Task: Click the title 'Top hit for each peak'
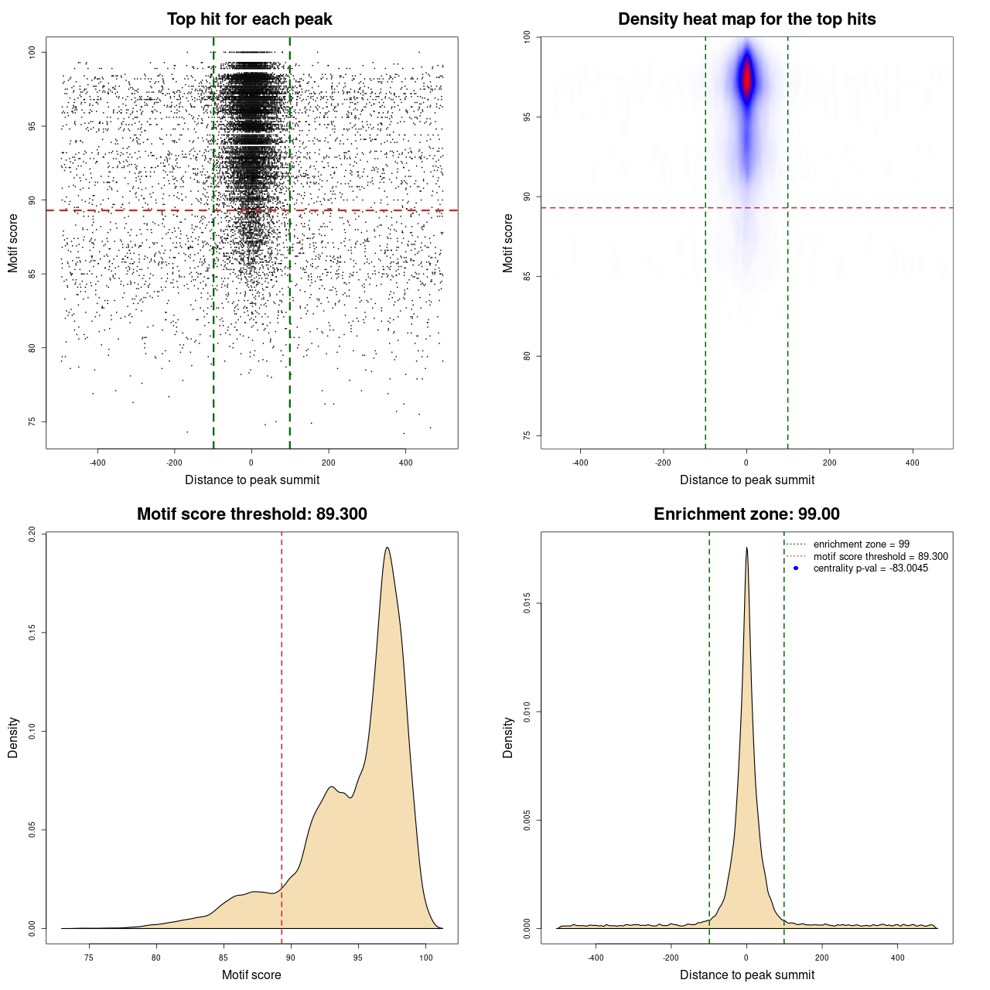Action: [249, 19]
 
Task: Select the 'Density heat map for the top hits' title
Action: [746, 19]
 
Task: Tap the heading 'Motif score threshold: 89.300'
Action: [251, 514]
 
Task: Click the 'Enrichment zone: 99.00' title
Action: [746, 514]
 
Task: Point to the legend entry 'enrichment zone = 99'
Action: [861, 544]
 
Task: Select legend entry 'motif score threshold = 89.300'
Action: [880, 556]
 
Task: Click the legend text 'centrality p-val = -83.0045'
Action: [870, 568]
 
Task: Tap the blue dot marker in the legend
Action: [796, 568]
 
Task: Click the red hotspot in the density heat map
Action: [746, 80]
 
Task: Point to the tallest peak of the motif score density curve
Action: [387, 548]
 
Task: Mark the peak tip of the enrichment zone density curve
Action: [746, 548]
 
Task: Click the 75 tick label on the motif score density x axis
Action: [89, 958]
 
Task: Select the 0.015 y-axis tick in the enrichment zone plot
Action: [527, 603]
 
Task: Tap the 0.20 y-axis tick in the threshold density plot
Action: [32, 534]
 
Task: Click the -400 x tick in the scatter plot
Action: [97, 463]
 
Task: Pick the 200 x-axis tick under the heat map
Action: [829, 463]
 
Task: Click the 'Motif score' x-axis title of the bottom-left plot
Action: [251, 975]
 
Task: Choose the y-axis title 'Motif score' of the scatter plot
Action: [13, 244]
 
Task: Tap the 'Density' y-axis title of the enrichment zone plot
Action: [508, 737]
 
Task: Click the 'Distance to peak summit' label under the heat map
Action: [746, 480]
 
